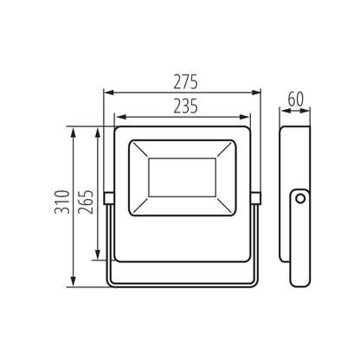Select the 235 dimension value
(x=183, y=106)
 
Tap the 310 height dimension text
(x=59, y=206)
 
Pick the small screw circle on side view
(x=299, y=200)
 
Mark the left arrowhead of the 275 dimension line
(x=107, y=91)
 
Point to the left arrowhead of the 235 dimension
(x=118, y=117)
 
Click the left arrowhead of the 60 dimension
(x=285, y=107)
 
